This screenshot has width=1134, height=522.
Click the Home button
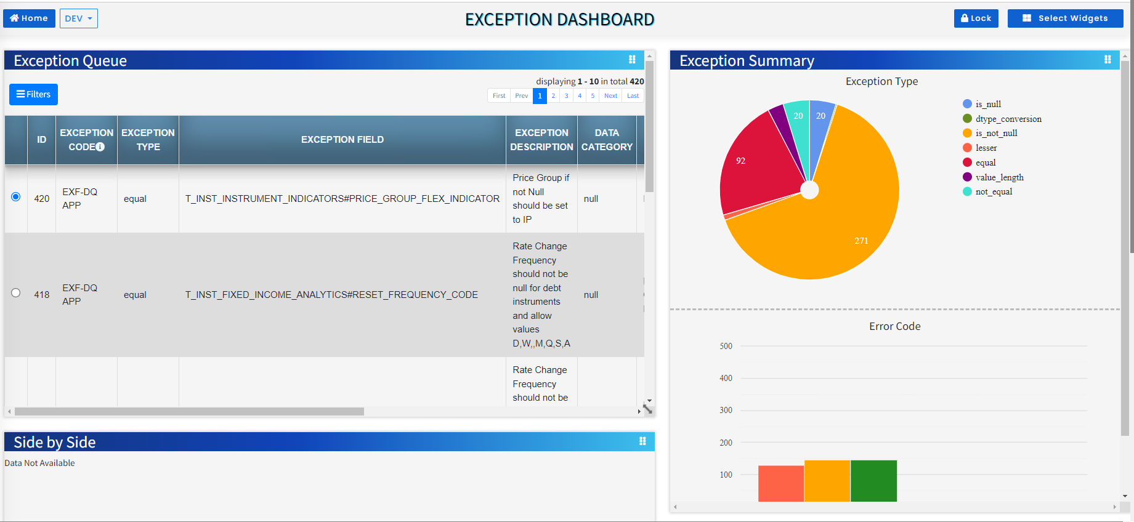(29, 18)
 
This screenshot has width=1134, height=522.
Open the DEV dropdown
(78, 18)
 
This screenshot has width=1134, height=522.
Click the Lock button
(976, 18)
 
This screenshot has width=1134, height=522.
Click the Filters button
(33, 94)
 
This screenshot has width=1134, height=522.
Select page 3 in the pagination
(566, 95)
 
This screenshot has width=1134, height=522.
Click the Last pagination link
(633, 95)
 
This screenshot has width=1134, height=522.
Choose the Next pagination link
(610, 95)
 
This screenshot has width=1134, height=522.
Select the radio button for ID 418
(16, 293)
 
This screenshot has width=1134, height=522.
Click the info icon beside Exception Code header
(100, 147)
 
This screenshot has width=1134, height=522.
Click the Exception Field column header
(342, 140)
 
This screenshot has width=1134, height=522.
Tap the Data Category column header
(607, 140)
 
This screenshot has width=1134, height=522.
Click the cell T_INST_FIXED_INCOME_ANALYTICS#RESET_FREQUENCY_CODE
(331, 295)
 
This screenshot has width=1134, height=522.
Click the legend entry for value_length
(998, 177)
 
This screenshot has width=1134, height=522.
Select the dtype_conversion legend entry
(1008, 119)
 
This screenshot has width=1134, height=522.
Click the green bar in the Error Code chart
(873, 481)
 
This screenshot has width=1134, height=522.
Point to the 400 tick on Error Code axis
(726, 378)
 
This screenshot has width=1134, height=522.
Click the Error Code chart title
(894, 326)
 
